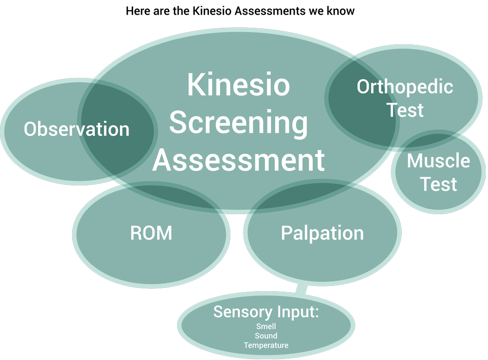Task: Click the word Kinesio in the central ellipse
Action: tap(239, 84)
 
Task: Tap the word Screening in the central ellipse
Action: tap(239, 123)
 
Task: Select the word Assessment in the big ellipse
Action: tap(239, 160)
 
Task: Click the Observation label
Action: tap(77, 129)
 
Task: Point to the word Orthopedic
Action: tap(405, 87)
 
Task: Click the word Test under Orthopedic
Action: tap(405, 110)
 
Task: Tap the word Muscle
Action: tap(438, 160)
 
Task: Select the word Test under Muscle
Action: tap(438, 184)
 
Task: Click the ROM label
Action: tap(151, 233)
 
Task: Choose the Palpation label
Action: tap(322, 233)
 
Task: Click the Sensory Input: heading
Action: tap(266, 312)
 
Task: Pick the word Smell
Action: tap(266, 326)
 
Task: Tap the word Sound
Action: tap(266, 336)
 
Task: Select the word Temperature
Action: tap(266, 345)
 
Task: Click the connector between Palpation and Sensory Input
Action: tap(301, 289)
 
